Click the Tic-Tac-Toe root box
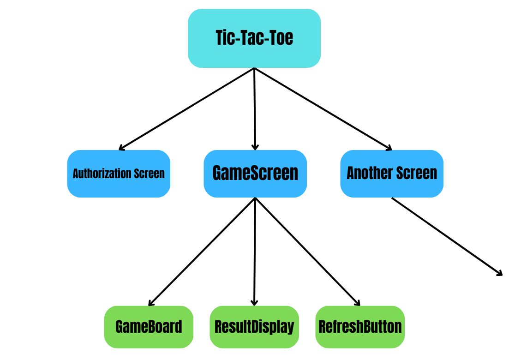pos(254,38)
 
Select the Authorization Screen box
pos(119,174)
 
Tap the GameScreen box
pos(255,174)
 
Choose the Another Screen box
pos(392,174)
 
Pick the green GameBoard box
pos(149,327)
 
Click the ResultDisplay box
pos(254,327)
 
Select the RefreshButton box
pos(360,327)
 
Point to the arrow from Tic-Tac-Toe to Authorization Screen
pos(187,108)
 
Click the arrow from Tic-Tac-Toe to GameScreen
pos(255,108)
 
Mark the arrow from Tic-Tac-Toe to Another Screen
pos(323,108)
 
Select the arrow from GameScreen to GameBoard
pos(202,252)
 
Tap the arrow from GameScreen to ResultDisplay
pos(255,252)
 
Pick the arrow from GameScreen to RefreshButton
pos(307,252)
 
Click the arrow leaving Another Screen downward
pos(447,236)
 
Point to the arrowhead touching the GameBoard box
pos(150,304)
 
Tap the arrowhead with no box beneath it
pos(500,274)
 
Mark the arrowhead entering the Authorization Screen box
pos(120,148)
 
